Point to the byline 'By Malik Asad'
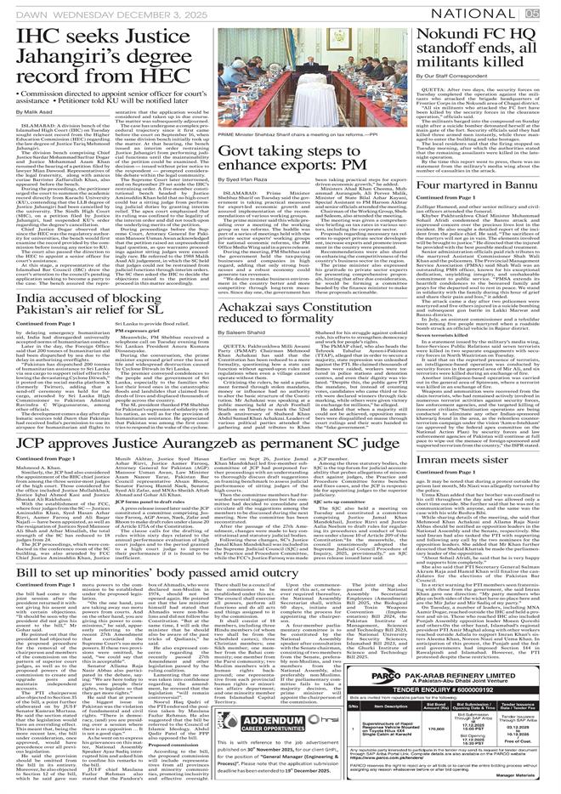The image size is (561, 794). tap(31, 111)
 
